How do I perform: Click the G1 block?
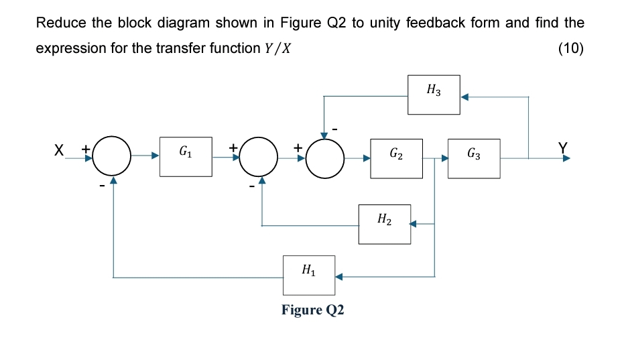click(186, 157)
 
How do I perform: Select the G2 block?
click(396, 158)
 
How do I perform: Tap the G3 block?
click(473, 158)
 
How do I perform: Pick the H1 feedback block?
click(308, 275)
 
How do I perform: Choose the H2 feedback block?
click(385, 224)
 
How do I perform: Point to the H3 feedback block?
click(434, 95)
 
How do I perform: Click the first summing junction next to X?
click(113, 158)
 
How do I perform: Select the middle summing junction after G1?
click(261, 158)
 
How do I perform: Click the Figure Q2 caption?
click(312, 310)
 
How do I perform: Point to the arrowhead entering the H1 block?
click(339, 276)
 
